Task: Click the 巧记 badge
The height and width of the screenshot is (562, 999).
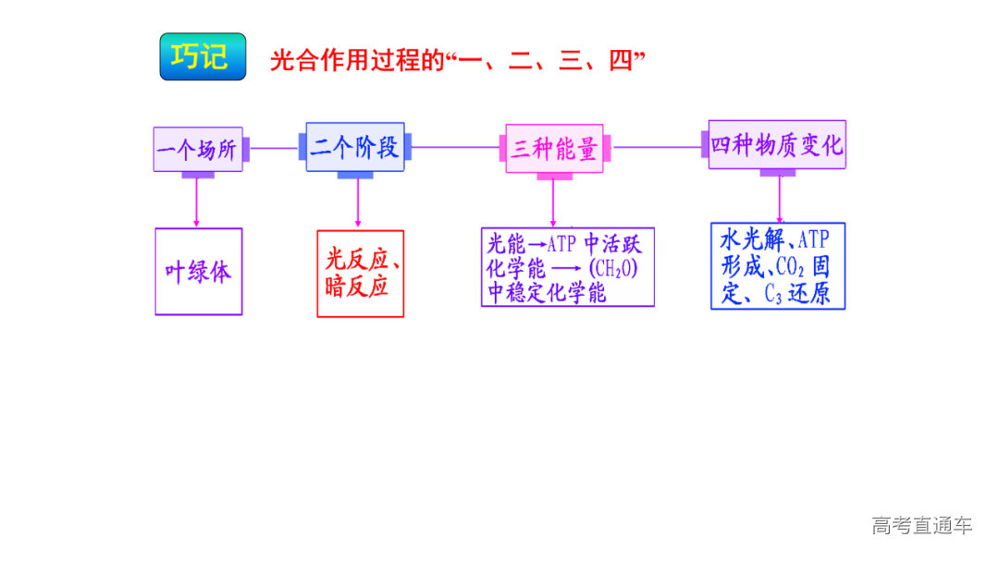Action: point(203,56)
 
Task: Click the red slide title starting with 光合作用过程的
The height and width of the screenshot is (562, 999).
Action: point(457,61)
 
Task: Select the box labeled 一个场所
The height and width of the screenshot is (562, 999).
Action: point(198,149)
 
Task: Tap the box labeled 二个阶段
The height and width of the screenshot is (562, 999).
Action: point(355,147)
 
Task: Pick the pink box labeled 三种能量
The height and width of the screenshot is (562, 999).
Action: point(554,149)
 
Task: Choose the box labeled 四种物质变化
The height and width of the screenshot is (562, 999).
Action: point(777,145)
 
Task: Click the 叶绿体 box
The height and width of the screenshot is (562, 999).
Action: point(198,272)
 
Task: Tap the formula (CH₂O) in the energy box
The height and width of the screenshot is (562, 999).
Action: point(613,269)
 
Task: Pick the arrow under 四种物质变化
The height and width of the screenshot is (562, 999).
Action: point(779,198)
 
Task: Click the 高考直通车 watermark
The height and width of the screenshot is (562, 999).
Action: point(921,526)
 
